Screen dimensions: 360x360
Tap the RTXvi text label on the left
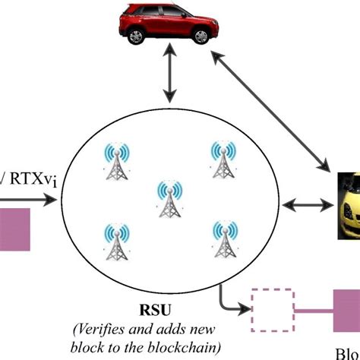(x=21, y=176)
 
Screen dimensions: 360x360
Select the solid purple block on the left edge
(x=14, y=227)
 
